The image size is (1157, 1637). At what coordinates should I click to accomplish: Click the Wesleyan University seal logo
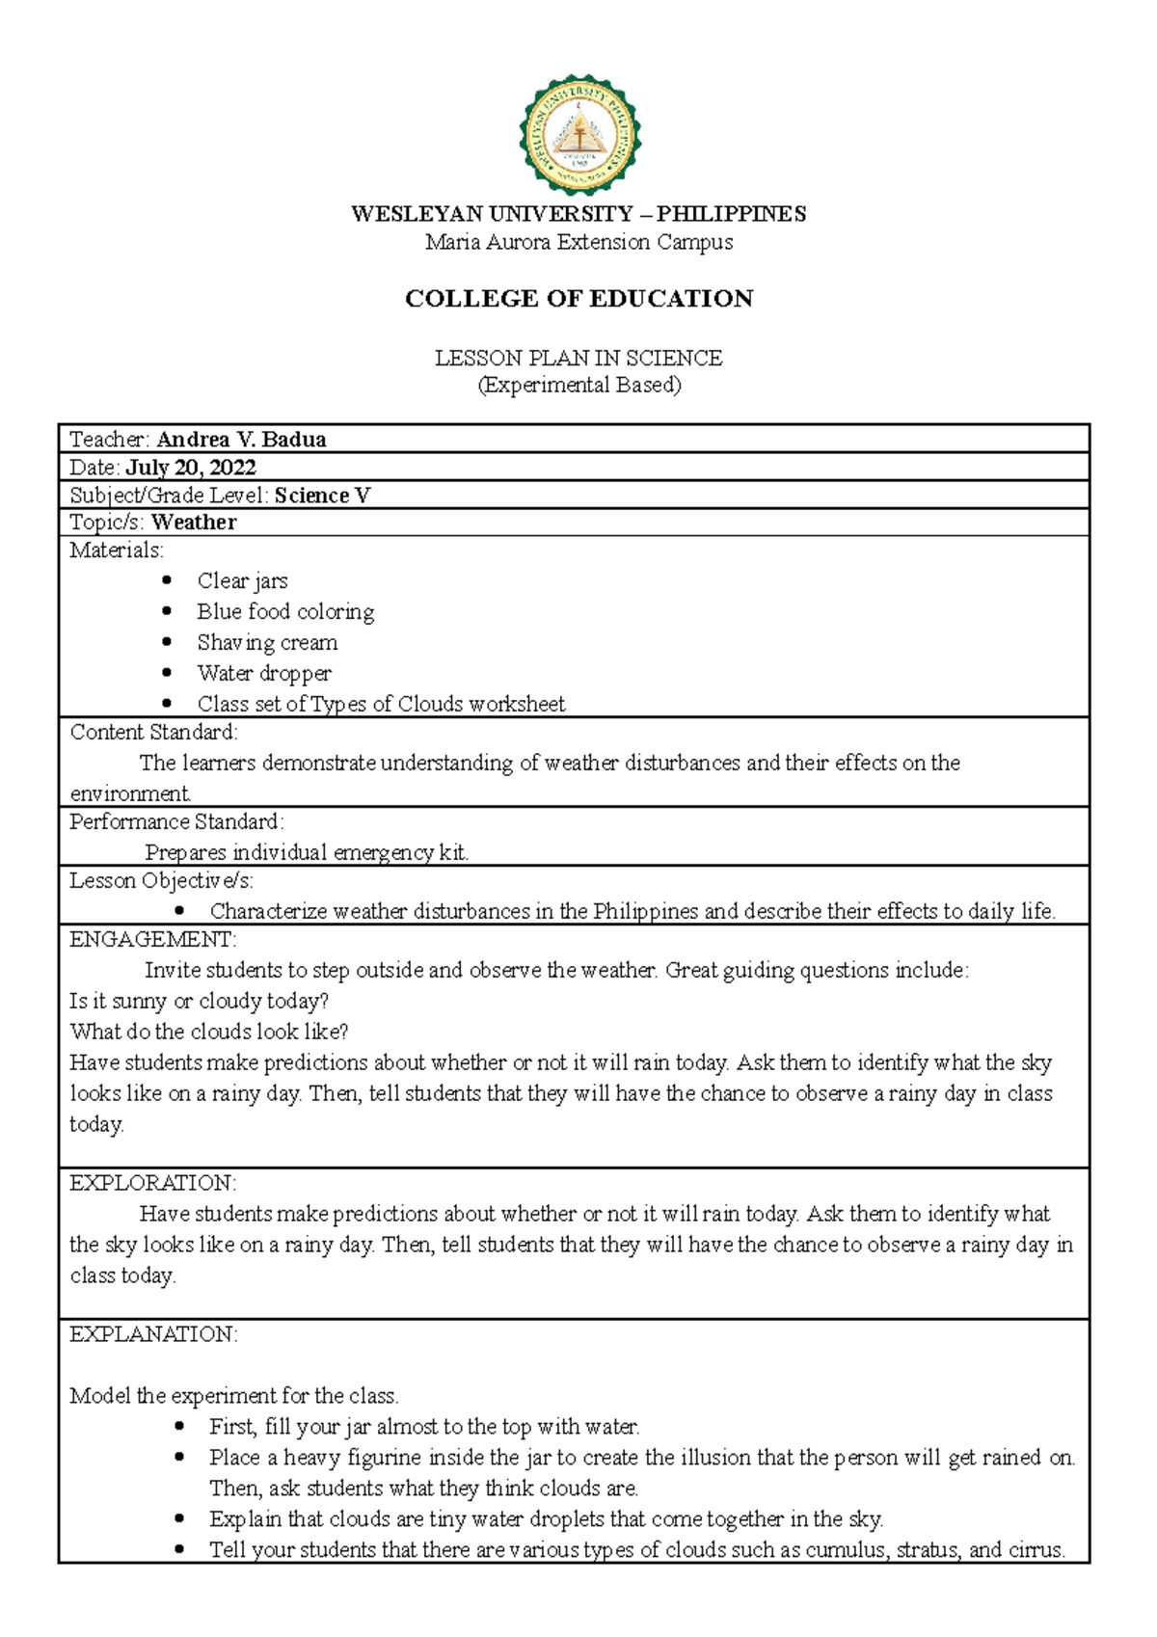coord(579,135)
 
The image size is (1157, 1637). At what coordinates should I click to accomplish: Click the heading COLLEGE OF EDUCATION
coord(578,299)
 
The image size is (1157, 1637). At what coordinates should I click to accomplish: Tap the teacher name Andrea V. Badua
coord(241,440)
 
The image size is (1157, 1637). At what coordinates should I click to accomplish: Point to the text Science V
coord(322,496)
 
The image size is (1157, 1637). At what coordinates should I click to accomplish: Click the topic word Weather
coord(194,523)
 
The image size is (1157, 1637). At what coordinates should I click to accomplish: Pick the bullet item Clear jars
coord(242,581)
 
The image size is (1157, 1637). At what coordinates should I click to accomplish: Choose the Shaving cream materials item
coord(267,643)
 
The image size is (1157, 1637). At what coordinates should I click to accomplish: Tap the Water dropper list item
coord(264,674)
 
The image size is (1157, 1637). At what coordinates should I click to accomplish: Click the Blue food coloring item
coord(285,612)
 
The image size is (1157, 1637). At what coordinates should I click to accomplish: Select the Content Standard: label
coord(153,733)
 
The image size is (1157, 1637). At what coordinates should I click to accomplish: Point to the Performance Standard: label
coord(176,822)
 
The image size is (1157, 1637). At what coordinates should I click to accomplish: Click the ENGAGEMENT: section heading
coord(152,940)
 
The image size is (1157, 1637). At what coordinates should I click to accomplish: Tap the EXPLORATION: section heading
coord(152,1183)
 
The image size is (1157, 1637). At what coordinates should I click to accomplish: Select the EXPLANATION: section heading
coord(153,1334)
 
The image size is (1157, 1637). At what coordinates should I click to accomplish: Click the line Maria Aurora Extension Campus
coord(578,242)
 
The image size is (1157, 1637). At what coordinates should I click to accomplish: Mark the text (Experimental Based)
coord(578,386)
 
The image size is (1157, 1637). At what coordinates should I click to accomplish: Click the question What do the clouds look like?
coord(208,1032)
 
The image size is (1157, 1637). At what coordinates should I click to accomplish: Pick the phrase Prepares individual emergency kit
coord(306,853)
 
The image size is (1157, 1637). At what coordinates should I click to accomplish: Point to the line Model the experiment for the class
coord(234,1396)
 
